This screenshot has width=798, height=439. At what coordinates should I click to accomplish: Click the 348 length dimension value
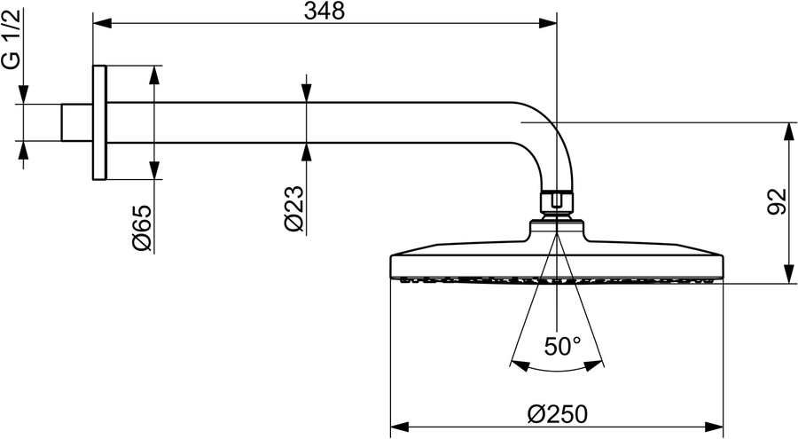click(325, 11)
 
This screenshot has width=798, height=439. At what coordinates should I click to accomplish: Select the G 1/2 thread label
click(12, 39)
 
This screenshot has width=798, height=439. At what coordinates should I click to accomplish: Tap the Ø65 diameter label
click(142, 228)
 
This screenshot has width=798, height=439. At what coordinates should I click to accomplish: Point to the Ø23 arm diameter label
click(294, 208)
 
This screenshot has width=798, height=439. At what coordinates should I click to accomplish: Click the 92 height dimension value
click(777, 201)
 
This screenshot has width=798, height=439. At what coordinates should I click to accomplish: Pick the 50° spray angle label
click(562, 347)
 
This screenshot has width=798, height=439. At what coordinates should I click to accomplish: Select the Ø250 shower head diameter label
click(558, 414)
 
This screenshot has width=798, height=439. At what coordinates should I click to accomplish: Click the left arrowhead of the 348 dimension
click(102, 23)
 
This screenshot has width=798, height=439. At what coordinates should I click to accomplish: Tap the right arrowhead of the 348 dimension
click(548, 23)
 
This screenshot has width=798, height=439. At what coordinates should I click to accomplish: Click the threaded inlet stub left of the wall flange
click(77, 122)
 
